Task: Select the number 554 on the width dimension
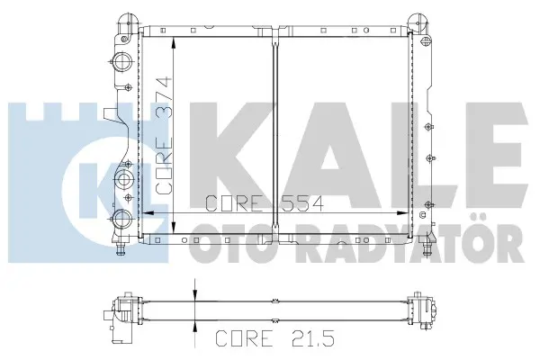[301, 203]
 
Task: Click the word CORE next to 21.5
[244, 337]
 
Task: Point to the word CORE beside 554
[232, 203]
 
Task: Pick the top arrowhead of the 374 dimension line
[175, 43]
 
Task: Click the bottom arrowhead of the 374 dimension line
[175, 228]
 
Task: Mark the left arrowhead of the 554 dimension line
[148, 213]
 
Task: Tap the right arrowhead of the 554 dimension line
[402, 213]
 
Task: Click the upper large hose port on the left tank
[122, 62]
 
